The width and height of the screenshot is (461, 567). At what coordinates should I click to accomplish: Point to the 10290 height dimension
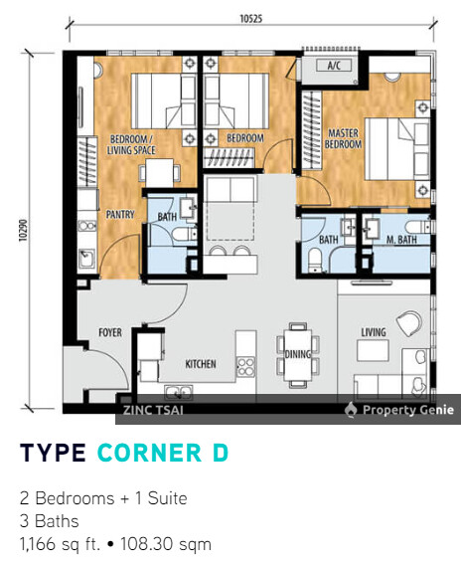(19, 232)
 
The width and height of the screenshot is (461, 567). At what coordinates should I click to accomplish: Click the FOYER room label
(109, 333)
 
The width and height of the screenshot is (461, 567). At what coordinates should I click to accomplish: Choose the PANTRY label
(119, 213)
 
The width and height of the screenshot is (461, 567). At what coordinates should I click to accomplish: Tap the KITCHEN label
(201, 364)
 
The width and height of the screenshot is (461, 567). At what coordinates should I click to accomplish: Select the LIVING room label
(373, 332)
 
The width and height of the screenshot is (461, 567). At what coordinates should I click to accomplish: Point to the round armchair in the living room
(407, 321)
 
